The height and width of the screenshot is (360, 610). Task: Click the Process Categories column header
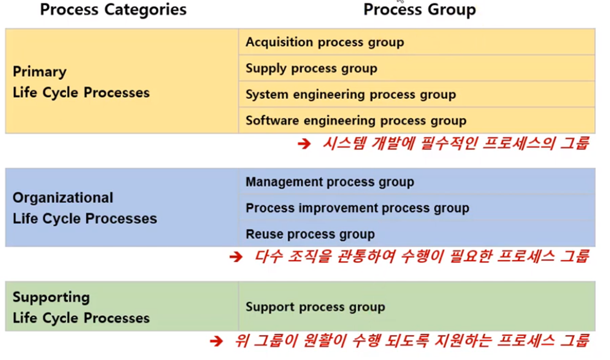point(113,10)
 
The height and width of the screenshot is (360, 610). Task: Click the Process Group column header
point(419,10)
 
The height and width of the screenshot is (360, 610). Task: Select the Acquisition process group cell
point(325,42)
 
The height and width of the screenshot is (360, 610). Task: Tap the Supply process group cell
point(311,68)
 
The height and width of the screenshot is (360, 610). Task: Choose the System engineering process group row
point(351,95)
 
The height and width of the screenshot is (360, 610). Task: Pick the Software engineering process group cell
point(356,120)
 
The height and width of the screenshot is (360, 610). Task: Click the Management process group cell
point(330,182)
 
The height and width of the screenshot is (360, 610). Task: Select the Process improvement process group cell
point(357,208)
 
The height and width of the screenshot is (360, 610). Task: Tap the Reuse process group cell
point(310,234)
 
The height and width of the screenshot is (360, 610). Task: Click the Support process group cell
point(315,306)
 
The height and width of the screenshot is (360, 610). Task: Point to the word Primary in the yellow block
point(39,72)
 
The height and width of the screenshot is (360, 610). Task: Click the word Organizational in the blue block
point(63,198)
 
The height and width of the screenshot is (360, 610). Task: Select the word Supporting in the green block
point(51,297)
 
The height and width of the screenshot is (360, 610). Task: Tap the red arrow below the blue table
point(235,257)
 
